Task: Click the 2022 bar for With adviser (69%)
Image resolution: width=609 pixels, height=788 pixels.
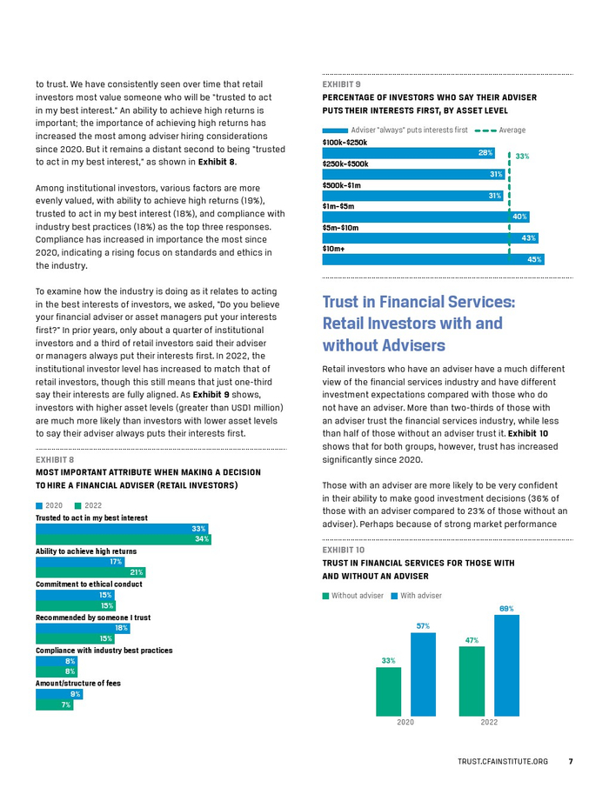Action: click(506, 665)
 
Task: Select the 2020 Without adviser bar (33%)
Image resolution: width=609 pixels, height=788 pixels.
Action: click(388, 691)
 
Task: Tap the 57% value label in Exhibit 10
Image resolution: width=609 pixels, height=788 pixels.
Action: click(423, 625)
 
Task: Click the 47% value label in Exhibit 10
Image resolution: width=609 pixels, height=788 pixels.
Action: click(471, 640)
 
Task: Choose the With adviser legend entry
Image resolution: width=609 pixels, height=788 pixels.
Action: click(417, 596)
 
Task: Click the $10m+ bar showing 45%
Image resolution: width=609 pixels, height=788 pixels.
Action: click(432, 259)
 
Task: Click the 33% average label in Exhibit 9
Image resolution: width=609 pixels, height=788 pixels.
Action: click(522, 157)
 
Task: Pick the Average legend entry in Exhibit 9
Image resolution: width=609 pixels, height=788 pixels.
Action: click(500, 130)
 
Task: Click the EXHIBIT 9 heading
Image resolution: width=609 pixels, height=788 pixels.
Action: click(342, 83)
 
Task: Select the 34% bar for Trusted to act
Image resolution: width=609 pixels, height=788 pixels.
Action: click(123, 539)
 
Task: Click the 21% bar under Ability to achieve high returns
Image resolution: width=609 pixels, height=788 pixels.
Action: click(90, 572)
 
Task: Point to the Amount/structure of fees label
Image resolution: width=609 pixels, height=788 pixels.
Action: click(78, 684)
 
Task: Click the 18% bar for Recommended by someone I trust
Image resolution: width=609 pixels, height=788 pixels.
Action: click(83, 628)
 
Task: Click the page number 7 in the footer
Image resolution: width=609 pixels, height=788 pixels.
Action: click(571, 762)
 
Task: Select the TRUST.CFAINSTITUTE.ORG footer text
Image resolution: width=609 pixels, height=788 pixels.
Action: click(502, 762)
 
